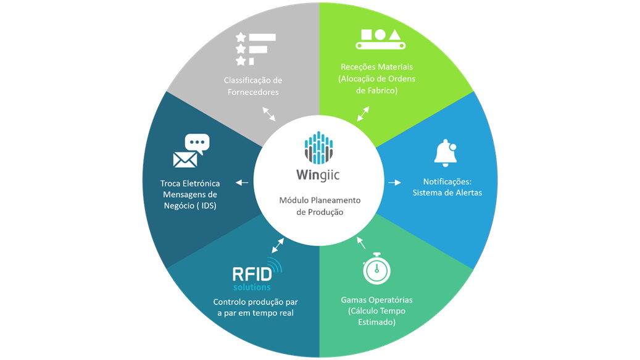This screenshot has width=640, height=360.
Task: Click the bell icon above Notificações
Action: pyautogui.click(x=445, y=154)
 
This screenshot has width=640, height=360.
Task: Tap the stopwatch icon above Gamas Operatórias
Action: pyautogui.click(x=376, y=269)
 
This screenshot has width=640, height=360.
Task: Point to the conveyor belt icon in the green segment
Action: pyautogui.click(x=380, y=40)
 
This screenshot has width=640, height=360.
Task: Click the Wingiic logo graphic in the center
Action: pyautogui.click(x=319, y=148)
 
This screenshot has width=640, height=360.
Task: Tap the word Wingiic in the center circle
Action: pyautogui.click(x=318, y=175)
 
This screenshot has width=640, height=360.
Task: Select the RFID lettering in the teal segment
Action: pyautogui.click(x=252, y=274)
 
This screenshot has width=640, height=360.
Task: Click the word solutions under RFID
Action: pyautogui.click(x=252, y=287)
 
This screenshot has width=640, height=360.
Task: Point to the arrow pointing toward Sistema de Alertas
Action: pyautogui.click(x=395, y=182)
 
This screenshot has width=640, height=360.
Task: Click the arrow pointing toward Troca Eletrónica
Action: pyautogui.click(x=242, y=182)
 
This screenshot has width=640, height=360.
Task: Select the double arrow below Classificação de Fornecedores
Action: pyautogui.click(x=268, y=114)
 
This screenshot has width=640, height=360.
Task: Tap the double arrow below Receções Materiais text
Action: pyautogui.click(x=364, y=114)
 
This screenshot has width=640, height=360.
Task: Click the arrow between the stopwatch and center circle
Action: pyautogui.click(x=361, y=243)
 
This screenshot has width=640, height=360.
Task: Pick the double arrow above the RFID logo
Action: pyautogui.click(x=278, y=246)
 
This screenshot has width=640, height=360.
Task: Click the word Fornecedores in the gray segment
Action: pyautogui.click(x=253, y=92)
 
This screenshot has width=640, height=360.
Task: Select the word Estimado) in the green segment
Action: pyautogui.click(x=376, y=322)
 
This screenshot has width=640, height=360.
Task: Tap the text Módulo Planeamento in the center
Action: pyautogui.click(x=320, y=201)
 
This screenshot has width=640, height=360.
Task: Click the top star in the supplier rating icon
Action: pyautogui.click(x=241, y=38)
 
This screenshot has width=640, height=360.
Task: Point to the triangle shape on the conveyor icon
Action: pyautogui.click(x=395, y=35)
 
